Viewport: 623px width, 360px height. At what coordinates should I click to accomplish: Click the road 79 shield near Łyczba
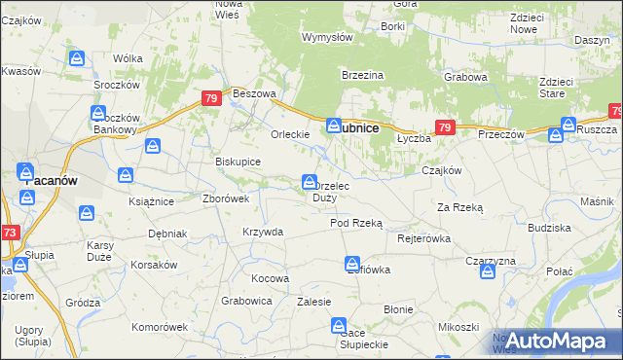coord(444,127)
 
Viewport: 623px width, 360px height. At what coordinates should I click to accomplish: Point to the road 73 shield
coord(9,233)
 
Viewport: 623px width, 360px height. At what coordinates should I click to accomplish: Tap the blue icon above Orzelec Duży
coord(310,182)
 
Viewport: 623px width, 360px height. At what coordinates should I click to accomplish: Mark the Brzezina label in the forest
coord(362,75)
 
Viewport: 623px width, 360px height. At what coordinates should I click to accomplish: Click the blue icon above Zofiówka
coord(351,264)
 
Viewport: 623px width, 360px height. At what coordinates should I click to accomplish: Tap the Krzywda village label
coord(263,232)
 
